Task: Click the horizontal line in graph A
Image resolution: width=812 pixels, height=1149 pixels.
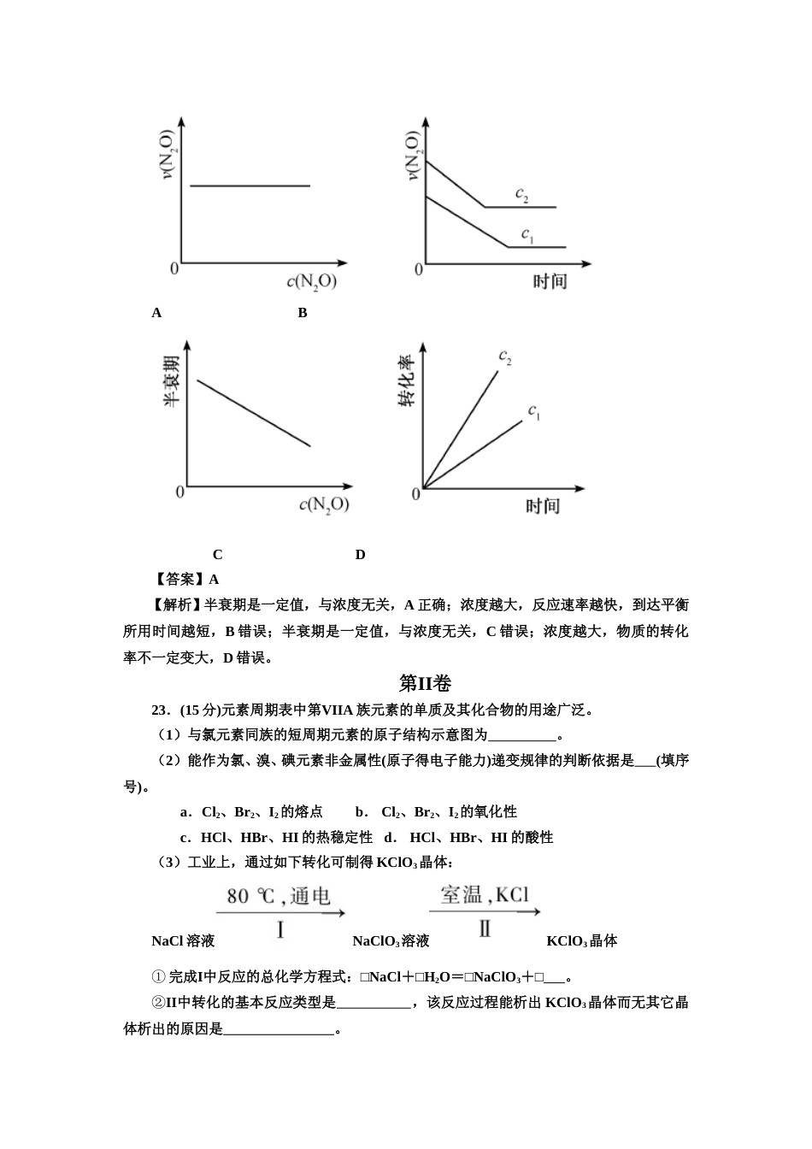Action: coord(250,186)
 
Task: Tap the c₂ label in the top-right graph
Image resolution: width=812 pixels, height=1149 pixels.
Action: coord(521,195)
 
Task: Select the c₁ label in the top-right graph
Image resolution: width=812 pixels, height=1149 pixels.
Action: coord(527,233)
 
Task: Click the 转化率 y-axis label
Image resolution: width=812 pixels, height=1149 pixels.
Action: coord(406,380)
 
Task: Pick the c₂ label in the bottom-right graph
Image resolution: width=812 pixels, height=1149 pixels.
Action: coord(505,356)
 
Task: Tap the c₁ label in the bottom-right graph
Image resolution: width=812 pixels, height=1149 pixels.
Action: coord(534,412)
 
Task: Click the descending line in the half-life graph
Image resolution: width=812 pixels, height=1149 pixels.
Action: coord(254,413)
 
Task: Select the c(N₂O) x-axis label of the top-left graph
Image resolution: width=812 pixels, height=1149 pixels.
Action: coord(311,281)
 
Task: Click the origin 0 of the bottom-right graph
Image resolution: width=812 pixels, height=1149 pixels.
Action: coord(416,494)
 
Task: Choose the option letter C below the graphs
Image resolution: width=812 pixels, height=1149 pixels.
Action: coord(217,555)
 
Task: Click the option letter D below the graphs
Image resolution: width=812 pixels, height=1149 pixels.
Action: coord(360,555)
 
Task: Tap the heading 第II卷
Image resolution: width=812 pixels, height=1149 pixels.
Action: coord(425,683)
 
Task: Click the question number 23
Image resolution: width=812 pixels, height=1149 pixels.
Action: coord(160,710)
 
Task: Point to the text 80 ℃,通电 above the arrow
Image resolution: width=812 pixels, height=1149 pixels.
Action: coord(278,896)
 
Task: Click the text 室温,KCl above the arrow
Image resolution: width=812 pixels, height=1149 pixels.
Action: coord(485,895)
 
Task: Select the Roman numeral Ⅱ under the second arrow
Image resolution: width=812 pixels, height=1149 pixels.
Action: coord(485,928)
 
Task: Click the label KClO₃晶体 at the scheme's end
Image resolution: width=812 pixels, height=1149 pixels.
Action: coord(581,941)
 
